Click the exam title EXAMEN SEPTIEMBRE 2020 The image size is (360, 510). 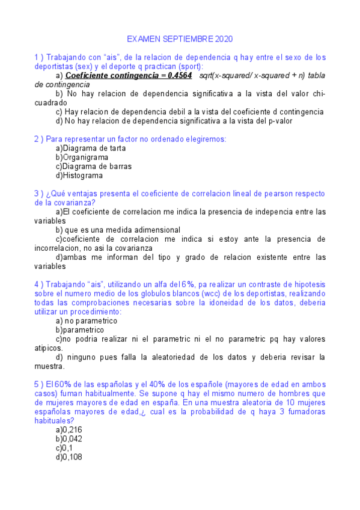point(180,38)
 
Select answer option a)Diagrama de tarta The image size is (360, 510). point(82,148)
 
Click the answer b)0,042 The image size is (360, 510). point(69,439)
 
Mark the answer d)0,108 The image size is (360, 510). point(69,457)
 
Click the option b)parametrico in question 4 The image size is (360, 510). point(79,330)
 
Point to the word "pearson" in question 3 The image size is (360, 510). point(275,194)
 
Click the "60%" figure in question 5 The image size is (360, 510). point(55,384)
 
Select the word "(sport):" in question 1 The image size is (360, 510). point(188,67)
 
